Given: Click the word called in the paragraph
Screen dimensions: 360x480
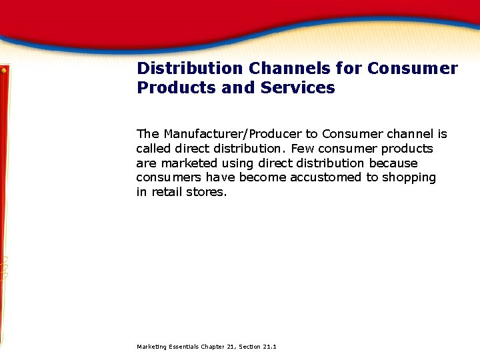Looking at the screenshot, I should coord(152,149).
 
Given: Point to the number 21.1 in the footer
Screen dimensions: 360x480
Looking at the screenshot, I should coord(270,347).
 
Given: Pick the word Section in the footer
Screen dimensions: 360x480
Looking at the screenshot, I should coord(249,347).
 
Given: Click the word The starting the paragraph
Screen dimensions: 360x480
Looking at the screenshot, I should coord(147,134).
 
